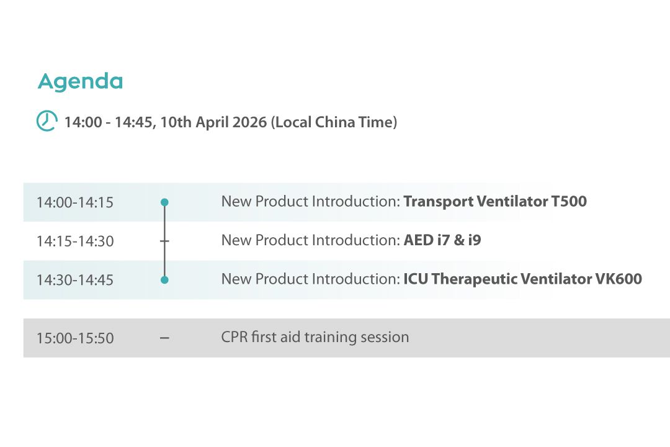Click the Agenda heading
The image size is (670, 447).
pyautogui.click(x=80, y=82)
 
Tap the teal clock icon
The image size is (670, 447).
pyautogui.click(x=47, y=120)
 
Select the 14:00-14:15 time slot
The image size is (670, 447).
pyautogui.click(x=75, y=202)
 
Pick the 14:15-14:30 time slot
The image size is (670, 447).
pyautogui.click(x=75, y=242)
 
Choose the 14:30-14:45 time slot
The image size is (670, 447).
pyautogui.click(x=75, y=280)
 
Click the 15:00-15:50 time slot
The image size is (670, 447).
pyautogui.click(x=75, y=338)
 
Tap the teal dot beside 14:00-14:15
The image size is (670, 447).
pyautogui.click(x=164, y=202)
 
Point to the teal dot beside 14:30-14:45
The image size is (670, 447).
pyautogui.click(x=164, y=280)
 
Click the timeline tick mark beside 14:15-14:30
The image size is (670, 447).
pyautogui.click(x=164, y=242)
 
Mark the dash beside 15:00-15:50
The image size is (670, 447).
pyautogui.click(x=164, y=338)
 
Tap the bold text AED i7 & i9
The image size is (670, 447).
pyautogui.click(x=442, y=240)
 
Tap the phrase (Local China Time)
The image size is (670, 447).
pyautogui.click(x=334, y=122)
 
